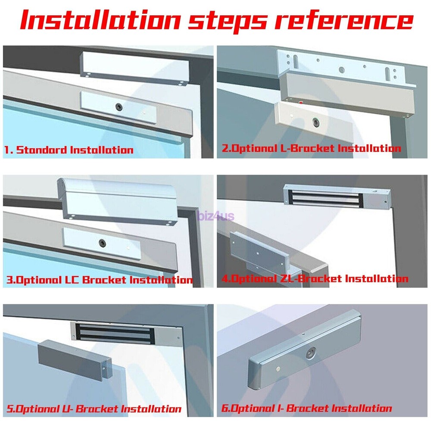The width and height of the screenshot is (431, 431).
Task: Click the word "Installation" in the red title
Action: pyautogui.click(x=100, y=20)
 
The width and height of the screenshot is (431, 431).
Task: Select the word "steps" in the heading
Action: pyautogui.click(x=227, y=22)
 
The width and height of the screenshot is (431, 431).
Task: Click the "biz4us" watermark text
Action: pyautogui.click(x=216, y=216)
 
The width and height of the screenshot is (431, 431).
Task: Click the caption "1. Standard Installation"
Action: pyautogui.click(x=69, y=150)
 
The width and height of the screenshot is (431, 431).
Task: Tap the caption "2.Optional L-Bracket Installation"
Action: pyautogui.click(x=312, y=148)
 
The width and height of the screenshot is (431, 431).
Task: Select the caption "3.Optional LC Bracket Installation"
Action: pyautogui.click(x=99, y=280)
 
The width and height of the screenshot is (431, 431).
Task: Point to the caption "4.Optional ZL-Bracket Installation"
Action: pyautogui.click(x=315, y=279)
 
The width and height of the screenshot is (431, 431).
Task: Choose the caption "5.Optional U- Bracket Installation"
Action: pyautogui.click(x=94, y=409)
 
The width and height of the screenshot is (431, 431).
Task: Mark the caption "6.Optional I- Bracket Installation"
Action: pyautogui.click(x=307, y=408)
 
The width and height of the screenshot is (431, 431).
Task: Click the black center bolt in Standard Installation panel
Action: pyautogui.click(x=119, y=107)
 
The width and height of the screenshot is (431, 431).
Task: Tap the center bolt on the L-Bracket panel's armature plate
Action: pyautogui.click(x=316, y=122)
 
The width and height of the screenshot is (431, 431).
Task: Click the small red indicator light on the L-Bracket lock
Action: pyautogui.click(x=301, y=103)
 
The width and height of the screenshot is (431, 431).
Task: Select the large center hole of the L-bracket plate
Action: pyautogui.click(x=342, y=70)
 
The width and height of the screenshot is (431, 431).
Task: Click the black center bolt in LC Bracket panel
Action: pyautogui.click(x=102, y=243)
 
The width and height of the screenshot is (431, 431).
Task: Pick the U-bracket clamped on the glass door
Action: pyautogui.click(x=75, y=359)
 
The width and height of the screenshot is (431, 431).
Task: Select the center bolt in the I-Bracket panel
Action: pyautogui.click(x=311, y=353)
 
